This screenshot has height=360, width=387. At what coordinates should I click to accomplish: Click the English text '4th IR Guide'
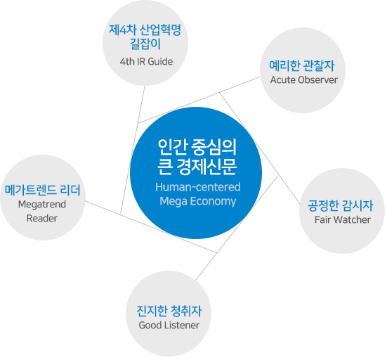click(146, 62)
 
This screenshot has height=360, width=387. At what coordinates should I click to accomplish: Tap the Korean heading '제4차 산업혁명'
click(145, 30)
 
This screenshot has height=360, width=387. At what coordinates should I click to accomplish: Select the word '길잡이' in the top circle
click(145, 44)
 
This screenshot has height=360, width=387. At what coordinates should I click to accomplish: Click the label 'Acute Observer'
click(304, 80)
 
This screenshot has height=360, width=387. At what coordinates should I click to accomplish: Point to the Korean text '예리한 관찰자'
click(302, 65)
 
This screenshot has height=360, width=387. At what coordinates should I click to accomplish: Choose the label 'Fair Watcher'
click(343, 219)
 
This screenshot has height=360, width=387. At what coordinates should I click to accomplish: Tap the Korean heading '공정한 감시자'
click(341, 205)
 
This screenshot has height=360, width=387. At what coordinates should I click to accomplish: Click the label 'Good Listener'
click(169, 325)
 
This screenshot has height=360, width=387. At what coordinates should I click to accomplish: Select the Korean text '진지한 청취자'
click(169, 311)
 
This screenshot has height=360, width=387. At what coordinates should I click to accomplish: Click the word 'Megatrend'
click(42, 205)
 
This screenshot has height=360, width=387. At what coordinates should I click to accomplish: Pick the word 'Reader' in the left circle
click(42, 219)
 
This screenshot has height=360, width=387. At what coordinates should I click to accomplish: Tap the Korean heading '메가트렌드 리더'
click(43, 191)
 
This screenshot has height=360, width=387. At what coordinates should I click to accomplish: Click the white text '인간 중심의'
click(197, 147)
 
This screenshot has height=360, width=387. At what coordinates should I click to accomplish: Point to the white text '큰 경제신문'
click(197, 167)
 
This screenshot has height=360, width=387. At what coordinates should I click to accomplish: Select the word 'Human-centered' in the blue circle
click(198, 187)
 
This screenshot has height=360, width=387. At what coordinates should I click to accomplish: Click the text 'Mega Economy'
click(198, 201)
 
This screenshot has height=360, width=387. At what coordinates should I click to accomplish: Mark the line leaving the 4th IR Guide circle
click(133, 150)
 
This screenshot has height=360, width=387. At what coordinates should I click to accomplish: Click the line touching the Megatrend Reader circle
click(151, 227)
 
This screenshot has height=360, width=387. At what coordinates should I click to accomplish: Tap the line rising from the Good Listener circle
click(237, 228)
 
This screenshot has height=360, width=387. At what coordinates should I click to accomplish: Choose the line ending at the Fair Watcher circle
click(260, 148)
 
